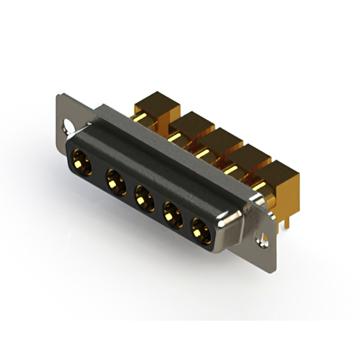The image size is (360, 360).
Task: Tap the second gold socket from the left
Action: click(115, 181)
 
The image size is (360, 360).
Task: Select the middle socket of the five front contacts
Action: click(144, 199)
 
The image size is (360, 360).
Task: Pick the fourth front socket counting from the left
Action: click(172, 215)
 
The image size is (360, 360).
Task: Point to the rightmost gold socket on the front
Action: click(199, 230)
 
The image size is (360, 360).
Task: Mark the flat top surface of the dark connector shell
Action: click(169, 152)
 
